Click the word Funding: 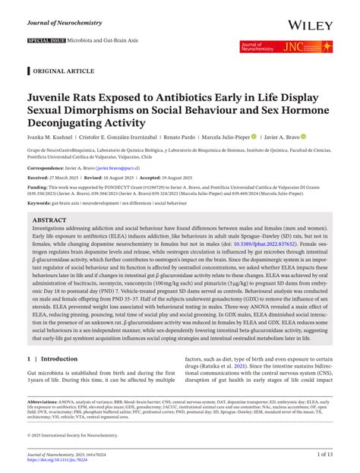pyautogui.click(x=38, y=186)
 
